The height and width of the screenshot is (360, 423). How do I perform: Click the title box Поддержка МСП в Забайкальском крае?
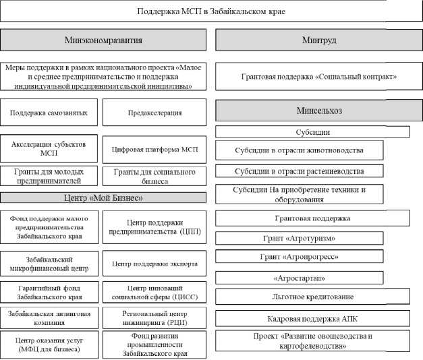pyautogui.click(x=211, y=12)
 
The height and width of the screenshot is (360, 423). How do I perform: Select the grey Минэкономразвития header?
pyautogui.click(x=103, y=40)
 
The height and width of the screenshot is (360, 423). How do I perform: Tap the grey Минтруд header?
pyautogui.click(x=314, y=40)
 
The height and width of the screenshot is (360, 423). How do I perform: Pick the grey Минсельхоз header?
pyautogui.click(x=314, y=110)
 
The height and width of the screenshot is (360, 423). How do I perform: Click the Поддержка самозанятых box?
pyautogui.click(x=49, y=112)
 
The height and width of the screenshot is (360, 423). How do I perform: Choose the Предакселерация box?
pyautogui.click(x=154, y=112)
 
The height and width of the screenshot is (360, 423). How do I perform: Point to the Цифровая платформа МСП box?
pyautogui.click(x=154, y=149)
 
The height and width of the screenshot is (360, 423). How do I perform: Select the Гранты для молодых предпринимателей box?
pyautogui.click(x=49, y=177)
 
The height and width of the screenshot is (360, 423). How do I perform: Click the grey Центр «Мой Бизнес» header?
pyautogui.click(x=103, y=198)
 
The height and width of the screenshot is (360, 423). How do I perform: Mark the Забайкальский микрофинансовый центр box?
pyautogui.click(x=49, y=262)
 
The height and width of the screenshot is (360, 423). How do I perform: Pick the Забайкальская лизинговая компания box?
pyautogui.click(x=49, y=318)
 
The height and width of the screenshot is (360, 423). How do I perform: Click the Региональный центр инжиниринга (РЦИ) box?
pyautogui.click(x=154, y=318)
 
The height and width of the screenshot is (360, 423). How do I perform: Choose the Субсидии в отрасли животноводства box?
pyautogui.click(x=299, y=150)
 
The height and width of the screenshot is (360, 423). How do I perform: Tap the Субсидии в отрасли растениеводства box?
pyautogui.click(x=299, y=171)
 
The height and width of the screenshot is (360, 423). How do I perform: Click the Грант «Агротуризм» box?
pyautogui.click(x=299, y=238)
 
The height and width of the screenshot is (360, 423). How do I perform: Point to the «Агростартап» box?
pyautogui.click(x=299, y=277)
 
